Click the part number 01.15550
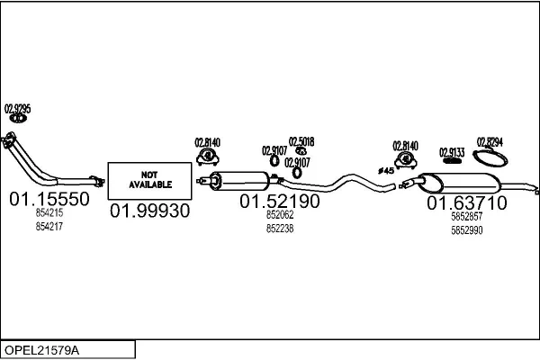[x=49, y=199]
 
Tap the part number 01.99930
[x=149, y=211]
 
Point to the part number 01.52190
[x=279, y=202]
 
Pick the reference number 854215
[x=49, y=213]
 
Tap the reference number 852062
[x=279, y=216]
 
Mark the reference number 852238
[x=279, y=229]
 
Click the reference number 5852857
[x=466, y=216]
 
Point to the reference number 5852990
[x=466, y=229]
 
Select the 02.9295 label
[x=18, y=109]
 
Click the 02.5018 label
[x=301, y=140]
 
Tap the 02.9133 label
[x=452, y=152]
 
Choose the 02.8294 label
[x=490, y=141]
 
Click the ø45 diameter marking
[x=385, y=169]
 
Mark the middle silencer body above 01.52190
[x=243, y=179]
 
